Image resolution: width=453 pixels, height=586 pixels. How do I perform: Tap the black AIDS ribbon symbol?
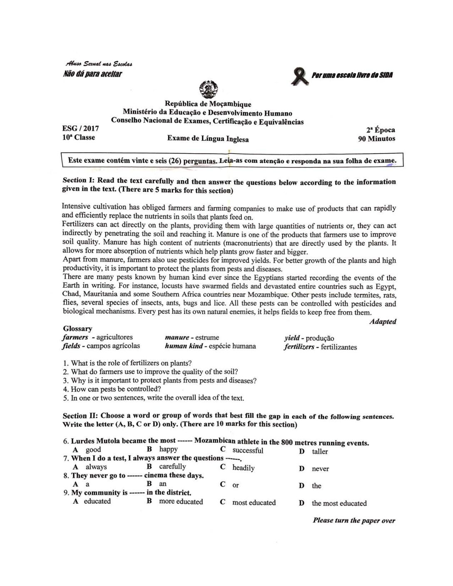(x=301, y=77)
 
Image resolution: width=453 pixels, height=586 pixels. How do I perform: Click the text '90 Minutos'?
(x=376, y=139)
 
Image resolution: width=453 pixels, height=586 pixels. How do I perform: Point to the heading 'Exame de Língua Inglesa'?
(x=208, y=139)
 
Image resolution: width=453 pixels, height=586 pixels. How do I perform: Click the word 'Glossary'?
(x=77, y=329)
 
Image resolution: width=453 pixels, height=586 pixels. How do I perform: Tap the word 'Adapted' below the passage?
(x=383, y=322)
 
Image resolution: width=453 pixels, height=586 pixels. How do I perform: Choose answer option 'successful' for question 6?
(x=248, y=450)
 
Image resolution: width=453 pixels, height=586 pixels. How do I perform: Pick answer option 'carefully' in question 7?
(x=172, y=467)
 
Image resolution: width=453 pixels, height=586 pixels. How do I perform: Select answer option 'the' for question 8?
(x=316, y=486)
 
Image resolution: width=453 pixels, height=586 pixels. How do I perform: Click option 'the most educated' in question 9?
(x=339, y=503)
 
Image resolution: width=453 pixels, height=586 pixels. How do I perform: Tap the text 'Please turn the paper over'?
(x=354, y=521)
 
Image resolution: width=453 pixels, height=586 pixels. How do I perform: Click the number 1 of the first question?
(x=65, y=363)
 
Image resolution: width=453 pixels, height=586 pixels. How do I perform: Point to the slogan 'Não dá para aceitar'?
(x=92, y=74)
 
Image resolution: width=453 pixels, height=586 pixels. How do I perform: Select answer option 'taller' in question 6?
(x=320, y=452)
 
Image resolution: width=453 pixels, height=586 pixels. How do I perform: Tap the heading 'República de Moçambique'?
(x=208, y=104)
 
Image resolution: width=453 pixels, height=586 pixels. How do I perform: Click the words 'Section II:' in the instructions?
(x=80, y=416)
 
